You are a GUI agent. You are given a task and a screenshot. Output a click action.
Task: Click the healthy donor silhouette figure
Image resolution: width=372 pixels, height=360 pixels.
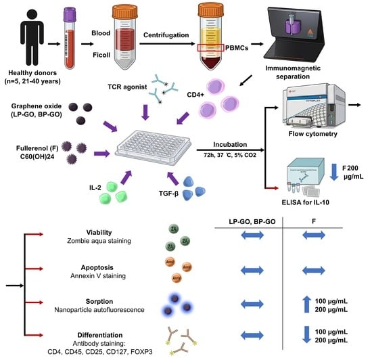(32, 37)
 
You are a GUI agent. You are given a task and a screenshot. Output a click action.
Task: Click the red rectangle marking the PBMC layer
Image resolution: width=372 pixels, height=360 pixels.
(210, 47)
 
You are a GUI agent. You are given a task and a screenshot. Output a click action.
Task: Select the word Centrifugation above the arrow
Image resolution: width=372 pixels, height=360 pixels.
(166, 35)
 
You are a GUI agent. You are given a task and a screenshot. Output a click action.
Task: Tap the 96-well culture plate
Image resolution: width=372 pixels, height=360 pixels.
(153, 148)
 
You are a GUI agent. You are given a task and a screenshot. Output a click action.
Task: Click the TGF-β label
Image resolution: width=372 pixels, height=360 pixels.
(168, 194)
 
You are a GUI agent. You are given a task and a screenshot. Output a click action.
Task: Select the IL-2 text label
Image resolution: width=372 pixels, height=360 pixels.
(95, 187)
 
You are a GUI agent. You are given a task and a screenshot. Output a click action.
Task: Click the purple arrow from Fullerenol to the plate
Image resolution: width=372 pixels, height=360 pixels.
(101, 154)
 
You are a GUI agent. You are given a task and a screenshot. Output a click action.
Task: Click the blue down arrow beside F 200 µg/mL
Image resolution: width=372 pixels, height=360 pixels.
(334, 172)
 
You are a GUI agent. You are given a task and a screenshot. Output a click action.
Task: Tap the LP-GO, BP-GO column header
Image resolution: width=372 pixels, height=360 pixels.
(252, 222)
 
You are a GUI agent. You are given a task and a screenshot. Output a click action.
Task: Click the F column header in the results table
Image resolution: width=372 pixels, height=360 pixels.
(314, 221)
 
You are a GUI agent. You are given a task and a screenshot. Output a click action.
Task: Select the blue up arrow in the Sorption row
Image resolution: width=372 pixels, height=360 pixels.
(306, 304)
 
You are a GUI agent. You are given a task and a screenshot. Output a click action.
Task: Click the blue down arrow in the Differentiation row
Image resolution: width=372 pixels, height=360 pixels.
(306, 334)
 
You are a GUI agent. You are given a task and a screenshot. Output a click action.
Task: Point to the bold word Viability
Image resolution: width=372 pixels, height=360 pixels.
(99, 233)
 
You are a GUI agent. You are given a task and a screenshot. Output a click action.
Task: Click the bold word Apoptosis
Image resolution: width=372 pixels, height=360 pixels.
(97, 267)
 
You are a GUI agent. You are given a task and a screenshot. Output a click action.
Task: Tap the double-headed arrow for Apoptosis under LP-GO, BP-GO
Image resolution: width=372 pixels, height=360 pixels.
(252, 270)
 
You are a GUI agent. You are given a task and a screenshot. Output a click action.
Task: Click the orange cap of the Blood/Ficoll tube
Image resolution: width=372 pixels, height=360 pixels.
(125, 12)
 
